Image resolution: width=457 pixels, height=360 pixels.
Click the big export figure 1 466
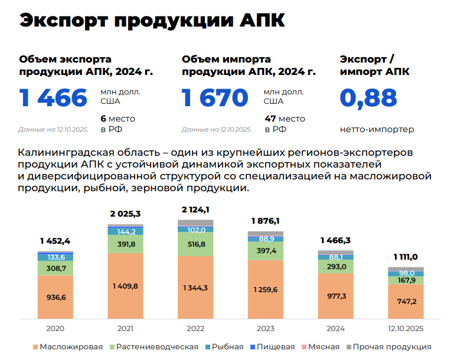tap(53, 98)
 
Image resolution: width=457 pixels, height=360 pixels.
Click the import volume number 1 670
tap(216, 98)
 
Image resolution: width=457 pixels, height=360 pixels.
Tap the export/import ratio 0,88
tap(368, 98)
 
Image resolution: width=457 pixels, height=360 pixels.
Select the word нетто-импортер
tap(377, 129)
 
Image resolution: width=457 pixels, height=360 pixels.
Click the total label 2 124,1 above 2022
tap(195, 210)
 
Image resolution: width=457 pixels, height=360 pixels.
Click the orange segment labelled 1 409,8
tap(125, 286)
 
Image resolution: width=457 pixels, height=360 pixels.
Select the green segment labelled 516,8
tap(195, 244)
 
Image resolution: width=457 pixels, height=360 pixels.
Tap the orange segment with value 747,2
tap(406, 301)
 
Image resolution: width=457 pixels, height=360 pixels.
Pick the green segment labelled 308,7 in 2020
tap(55, 268)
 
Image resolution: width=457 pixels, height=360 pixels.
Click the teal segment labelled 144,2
tap(125, 231)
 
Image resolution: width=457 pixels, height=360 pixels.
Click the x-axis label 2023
tap(265, 328)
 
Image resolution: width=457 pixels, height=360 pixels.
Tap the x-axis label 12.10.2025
tap(406, 328)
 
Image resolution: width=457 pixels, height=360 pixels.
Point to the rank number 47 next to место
tap(270, 118)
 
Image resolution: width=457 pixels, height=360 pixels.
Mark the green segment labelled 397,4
tap(265, 251)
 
